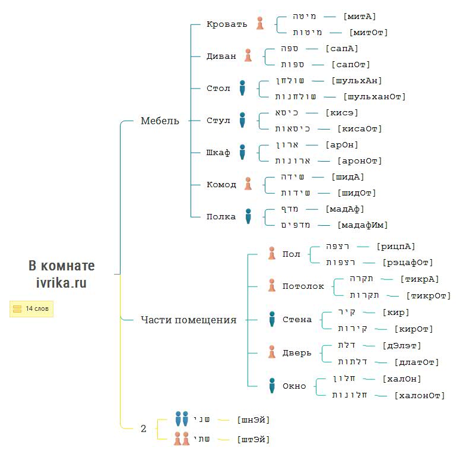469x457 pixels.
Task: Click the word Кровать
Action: coord(226,24)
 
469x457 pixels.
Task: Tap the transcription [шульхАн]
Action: coord(356,81)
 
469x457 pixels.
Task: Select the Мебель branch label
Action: coord(159,121)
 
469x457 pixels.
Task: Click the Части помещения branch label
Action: coord(188,320)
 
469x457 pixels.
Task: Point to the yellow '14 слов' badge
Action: coord(31,308)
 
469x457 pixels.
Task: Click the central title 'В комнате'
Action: coord(61,266)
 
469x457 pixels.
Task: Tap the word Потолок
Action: coord(303,286)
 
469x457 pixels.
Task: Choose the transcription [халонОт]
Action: coord(419,395)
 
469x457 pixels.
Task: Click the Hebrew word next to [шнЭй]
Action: coord(202,419)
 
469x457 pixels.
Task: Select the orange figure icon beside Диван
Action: coord(248,56)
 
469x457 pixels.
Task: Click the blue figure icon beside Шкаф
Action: coord(242,152)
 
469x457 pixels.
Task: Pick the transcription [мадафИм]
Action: coord(362,225)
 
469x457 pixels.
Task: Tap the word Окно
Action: coord(294,386)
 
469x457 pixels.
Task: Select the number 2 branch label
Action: coord(143,428)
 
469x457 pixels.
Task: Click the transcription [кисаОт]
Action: coord(359,128)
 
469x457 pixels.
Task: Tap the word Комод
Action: coord(221,185)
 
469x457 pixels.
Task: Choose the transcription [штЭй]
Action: coord(253,439)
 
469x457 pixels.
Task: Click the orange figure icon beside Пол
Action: coord(271,254)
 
